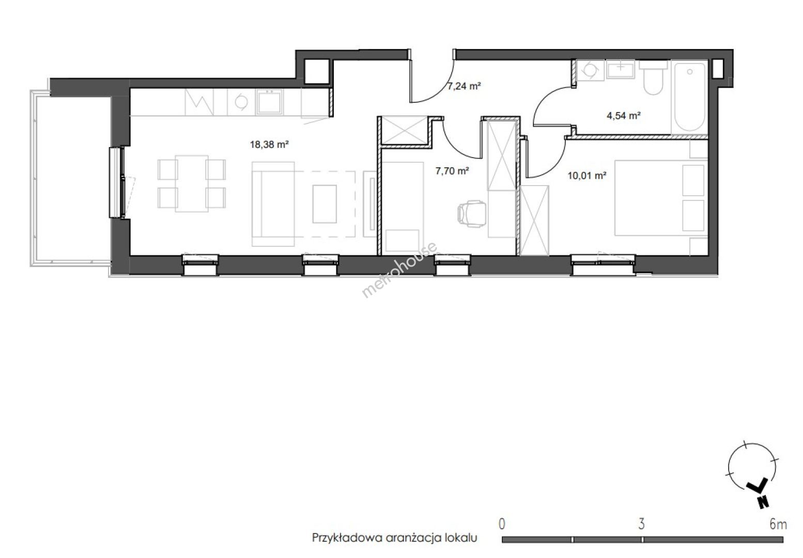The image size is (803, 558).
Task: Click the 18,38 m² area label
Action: click(x=269, y=145)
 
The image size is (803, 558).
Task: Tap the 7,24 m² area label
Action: click(x=464, y=86)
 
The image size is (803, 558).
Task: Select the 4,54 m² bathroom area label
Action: click(x=623, y=115)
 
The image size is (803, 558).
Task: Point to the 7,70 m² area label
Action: click(x=452, y=171)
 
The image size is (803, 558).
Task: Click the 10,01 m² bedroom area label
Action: click(x=587, y=176)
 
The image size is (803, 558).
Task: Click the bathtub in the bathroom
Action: click(x=689, y=97)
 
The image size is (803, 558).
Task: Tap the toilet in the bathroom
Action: click(x=653, y=78)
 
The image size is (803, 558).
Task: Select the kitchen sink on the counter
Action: click(x=269, y=102)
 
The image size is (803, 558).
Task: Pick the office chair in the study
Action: click(x=471, y=213)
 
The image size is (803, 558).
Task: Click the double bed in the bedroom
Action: click(x=661, y=198)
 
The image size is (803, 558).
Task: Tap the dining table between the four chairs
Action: click(x=192, y=183)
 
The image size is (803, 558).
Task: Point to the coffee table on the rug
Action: click(x=325, y=204)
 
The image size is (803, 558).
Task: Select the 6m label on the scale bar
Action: click(x=778, y=524)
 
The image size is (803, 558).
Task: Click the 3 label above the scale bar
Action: click(x=642, y=524)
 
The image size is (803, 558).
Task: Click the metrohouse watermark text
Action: click(x=399, y=270)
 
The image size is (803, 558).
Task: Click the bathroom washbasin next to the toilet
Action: click(x=620, y=69)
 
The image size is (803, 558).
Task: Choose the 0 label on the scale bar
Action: click(x=502, y=524)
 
